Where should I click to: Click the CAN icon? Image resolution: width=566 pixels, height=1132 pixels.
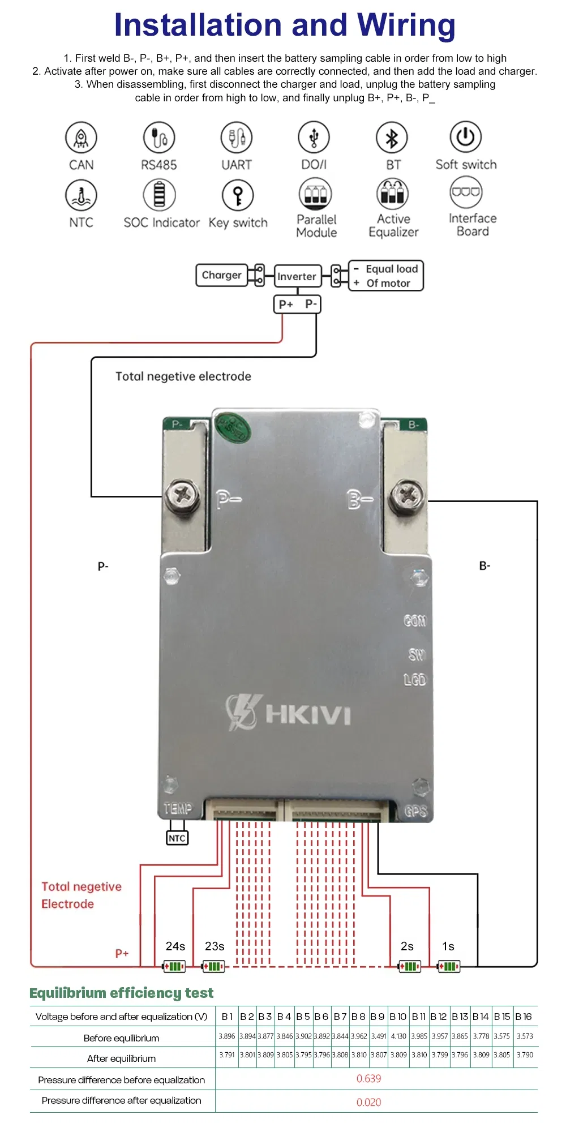(x=81, y=138)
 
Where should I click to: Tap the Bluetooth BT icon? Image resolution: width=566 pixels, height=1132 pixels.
(x=392, y=138)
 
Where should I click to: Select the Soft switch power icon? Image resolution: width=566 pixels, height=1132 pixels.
(x=465, y=136)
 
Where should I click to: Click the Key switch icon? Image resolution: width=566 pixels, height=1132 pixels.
(x=238, y=195)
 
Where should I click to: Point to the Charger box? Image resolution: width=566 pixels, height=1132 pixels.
(x=221, y=275)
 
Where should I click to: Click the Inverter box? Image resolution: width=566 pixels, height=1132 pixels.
(x=297, y=276)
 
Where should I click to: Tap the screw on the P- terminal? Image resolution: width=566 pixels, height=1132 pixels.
(x=182, y=496)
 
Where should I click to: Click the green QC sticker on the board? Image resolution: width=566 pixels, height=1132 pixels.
(x=233, y=428)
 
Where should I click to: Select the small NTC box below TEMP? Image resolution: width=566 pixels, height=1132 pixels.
(x=177, y=838)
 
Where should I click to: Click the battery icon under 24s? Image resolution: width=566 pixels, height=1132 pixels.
(x=174, y=966)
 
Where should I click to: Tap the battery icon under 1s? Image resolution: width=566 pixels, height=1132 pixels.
(x=449, y=966)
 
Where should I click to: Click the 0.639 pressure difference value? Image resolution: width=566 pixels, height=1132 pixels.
(x=368, y=1078)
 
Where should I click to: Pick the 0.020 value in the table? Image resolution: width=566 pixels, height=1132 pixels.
(x=368, y=1102)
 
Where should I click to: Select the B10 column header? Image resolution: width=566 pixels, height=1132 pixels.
(x=398, y=1017)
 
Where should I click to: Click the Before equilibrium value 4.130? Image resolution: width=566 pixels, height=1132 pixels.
(x=398, y=1036)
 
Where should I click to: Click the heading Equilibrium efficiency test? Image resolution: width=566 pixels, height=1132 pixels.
(x=121, y=993)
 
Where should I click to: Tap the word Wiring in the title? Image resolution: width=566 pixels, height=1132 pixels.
(x=406, y=25)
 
